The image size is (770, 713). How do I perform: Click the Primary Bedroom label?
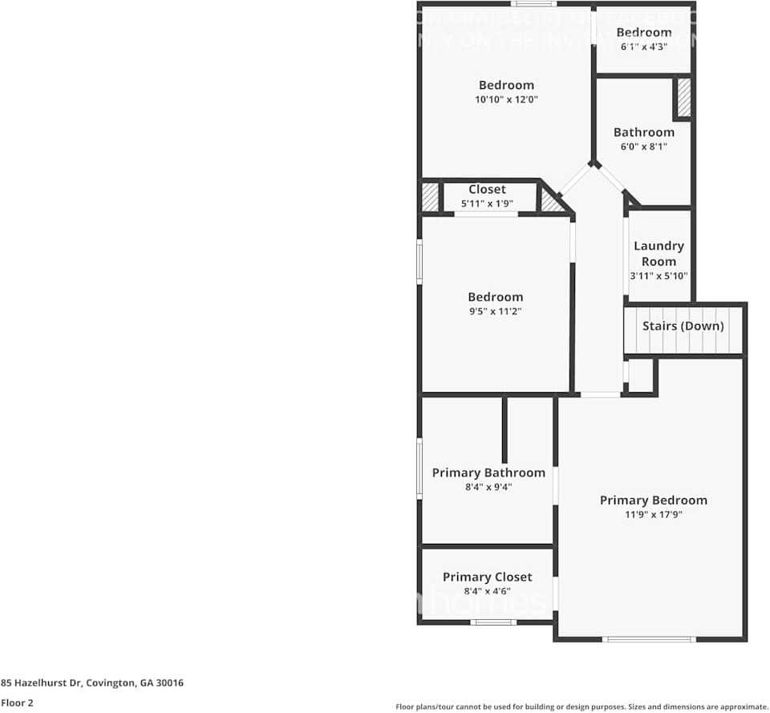[654, 500]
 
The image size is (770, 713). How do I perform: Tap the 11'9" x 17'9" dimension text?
[654, 515]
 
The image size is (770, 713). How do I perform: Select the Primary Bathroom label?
[488, 473]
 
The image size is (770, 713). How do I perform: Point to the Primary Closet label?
[487, 577]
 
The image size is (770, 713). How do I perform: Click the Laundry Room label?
[659, 253]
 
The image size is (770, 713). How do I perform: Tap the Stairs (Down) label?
[683, 326]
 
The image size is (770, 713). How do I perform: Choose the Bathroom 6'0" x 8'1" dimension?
[644, 147]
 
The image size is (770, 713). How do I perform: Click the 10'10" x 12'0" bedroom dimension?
[506, 100]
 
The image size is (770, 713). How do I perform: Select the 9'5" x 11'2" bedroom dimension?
[496, 311]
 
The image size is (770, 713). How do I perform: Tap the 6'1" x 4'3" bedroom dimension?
[644, 47]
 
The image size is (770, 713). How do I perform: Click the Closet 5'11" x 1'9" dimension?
[487, 204]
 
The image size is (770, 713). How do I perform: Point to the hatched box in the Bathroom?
[684, 98]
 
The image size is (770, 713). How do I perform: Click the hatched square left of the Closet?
[431, 197]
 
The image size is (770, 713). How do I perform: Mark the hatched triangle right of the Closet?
[551, 201]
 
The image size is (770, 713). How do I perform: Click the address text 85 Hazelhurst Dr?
[92, 683]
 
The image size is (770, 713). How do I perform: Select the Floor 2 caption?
[17, 703]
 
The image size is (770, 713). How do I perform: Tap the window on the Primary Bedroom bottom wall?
[649, 639]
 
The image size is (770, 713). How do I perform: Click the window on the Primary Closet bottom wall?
[492, 622]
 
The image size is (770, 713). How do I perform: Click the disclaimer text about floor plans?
[582, 707]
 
